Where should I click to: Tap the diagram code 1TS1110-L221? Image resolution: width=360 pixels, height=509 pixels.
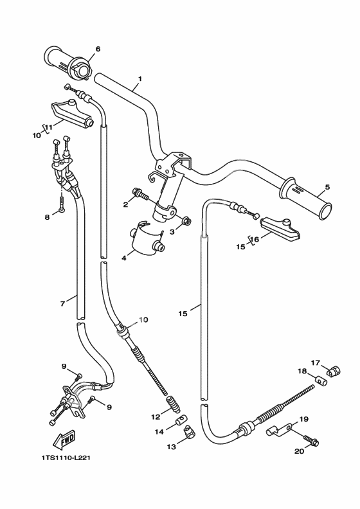(66, 458)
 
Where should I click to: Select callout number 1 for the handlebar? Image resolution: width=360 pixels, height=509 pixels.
(140, 79)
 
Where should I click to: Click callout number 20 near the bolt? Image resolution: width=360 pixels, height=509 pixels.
(300, 451)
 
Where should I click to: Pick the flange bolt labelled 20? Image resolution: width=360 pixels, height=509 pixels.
(311, 440)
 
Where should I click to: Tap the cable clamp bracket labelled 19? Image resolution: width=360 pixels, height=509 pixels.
(280, 429)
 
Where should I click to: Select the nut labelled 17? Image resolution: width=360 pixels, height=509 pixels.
(333, 371)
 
